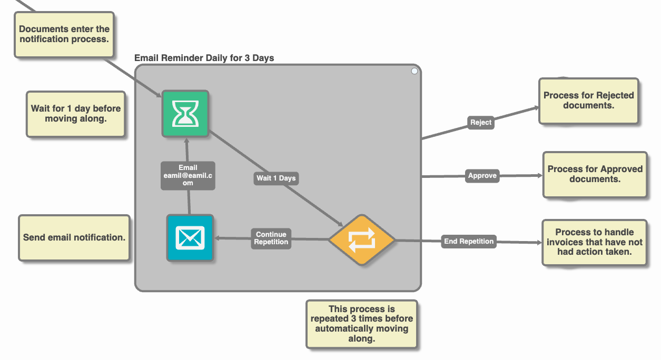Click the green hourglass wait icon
coord(185,114)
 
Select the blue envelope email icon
coord(190,238)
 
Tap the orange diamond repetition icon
coord(362,239)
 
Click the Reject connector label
coord(480,122)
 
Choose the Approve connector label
coord(482,176)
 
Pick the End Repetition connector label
coord(469,242)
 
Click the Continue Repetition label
coord(271,238)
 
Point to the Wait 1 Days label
coord(275,178)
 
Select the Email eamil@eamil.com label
coord(188,175)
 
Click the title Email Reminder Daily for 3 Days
coord(204,58)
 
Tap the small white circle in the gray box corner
coord(415,71)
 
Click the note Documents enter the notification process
coord(64,35)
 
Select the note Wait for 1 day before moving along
coord(75,114)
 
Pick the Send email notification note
coord(74,238)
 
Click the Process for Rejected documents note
coord(588,101)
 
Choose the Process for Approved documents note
coord(595,174)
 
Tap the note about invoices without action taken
coord(594,242)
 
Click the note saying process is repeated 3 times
coord(361,324)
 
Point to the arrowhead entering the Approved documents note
coord(539,176)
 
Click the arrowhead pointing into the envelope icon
coord(217,238)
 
